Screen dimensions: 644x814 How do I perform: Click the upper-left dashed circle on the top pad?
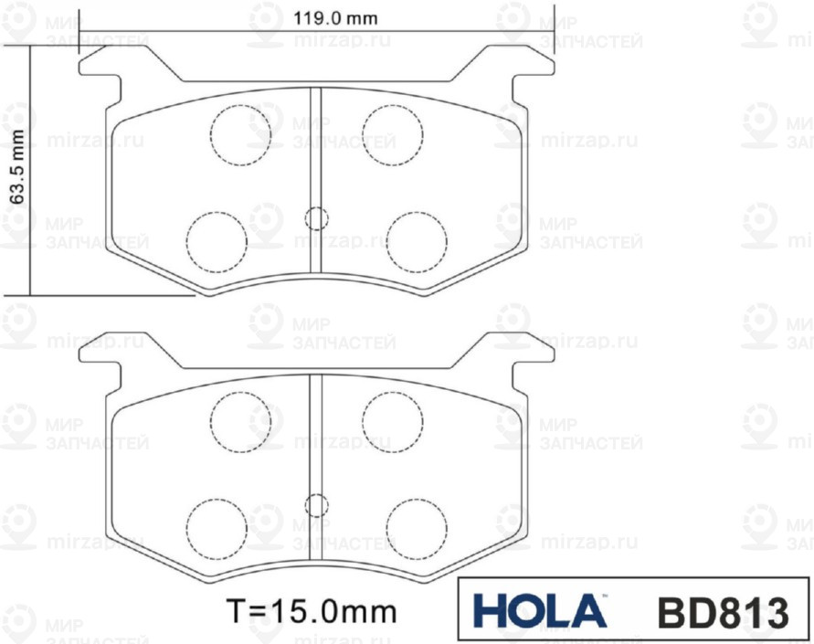[241, 134]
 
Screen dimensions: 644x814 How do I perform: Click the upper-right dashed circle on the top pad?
[393, 134]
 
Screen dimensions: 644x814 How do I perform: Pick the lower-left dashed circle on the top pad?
[217, 240]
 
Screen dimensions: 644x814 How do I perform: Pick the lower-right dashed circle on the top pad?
[417, 240]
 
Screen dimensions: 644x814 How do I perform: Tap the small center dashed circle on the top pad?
[316, 217]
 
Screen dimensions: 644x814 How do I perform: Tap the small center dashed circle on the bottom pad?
[316, 504]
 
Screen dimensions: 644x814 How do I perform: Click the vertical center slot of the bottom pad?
[316, 438]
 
